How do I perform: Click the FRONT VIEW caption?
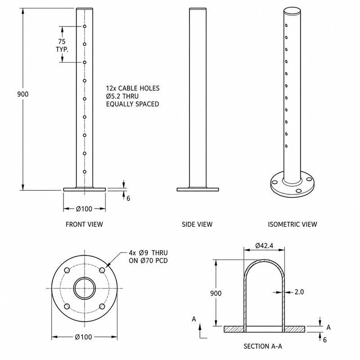(84, 224)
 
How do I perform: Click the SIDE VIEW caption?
(197, 224)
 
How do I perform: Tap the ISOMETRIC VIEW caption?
(292, 224)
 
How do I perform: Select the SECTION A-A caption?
(263, 346)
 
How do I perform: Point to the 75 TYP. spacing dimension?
(62, 45)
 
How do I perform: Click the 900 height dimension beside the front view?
(23, 94)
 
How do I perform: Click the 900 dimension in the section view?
(216, 293)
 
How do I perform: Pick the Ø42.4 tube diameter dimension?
(264, 246)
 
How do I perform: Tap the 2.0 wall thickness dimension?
(299, 292)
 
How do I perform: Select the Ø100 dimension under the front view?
(84, 209)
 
